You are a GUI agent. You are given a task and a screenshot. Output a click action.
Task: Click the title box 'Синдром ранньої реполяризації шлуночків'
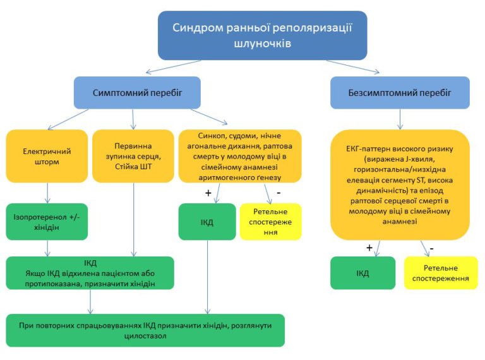click(263, 35)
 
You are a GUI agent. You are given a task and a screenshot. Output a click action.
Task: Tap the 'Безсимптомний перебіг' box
click(400, 92)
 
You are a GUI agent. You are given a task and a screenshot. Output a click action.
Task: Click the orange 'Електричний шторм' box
click(47, 156)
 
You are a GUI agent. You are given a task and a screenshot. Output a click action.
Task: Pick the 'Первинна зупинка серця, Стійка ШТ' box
click(133, 156)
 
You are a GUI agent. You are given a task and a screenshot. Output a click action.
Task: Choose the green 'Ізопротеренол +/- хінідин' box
click(47, 221)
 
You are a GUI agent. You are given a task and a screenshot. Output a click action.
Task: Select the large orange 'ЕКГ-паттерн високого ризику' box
click(400, 184)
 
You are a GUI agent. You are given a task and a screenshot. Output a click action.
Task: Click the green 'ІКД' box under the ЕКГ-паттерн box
click(362, 273)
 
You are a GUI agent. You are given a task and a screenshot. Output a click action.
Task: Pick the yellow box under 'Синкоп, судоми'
click(270, 221)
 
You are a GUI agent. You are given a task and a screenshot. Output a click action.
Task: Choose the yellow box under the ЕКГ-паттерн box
click(440, 273)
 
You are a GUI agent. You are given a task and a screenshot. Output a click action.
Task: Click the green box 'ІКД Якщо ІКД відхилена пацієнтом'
click(90, 273)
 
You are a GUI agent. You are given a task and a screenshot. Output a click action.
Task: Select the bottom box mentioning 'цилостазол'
click(145, 330)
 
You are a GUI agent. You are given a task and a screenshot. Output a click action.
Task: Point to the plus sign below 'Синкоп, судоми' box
click(208, 193)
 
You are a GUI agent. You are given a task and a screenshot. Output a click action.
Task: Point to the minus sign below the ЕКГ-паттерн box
click(431, 248)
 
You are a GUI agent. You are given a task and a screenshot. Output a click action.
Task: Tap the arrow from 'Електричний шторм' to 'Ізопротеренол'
click(47, 193)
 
